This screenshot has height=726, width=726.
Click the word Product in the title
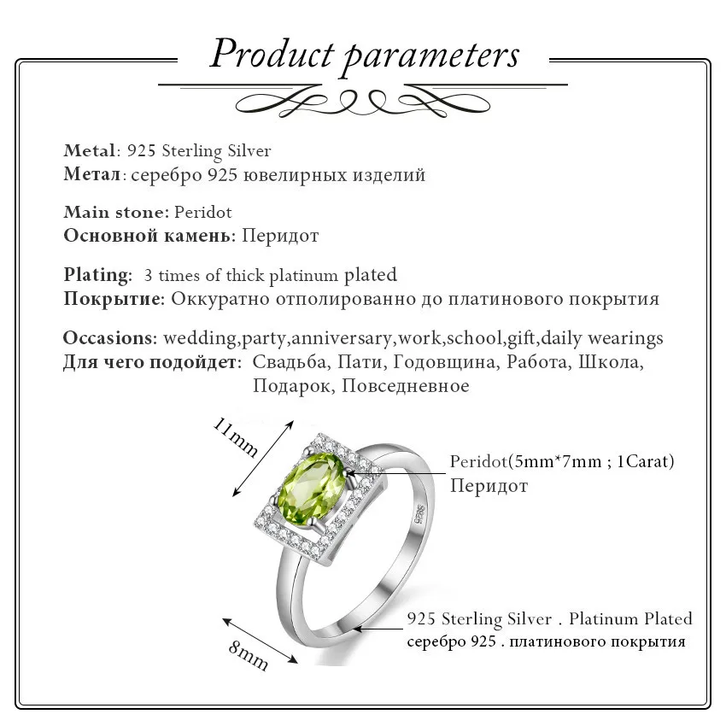point(272,55)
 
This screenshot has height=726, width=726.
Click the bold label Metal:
point(91,151)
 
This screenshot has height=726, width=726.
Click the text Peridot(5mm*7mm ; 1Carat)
point(562,462)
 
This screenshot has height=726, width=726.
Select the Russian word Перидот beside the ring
point(489,486)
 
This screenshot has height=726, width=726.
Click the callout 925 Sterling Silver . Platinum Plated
point(549,618)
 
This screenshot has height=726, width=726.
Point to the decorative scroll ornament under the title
point(364,101)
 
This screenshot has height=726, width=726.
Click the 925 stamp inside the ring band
point(419,514)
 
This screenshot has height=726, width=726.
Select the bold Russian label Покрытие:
point(114,299)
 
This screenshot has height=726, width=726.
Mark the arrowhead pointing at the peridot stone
point(353,471)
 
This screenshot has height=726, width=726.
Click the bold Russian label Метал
point(91,175)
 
